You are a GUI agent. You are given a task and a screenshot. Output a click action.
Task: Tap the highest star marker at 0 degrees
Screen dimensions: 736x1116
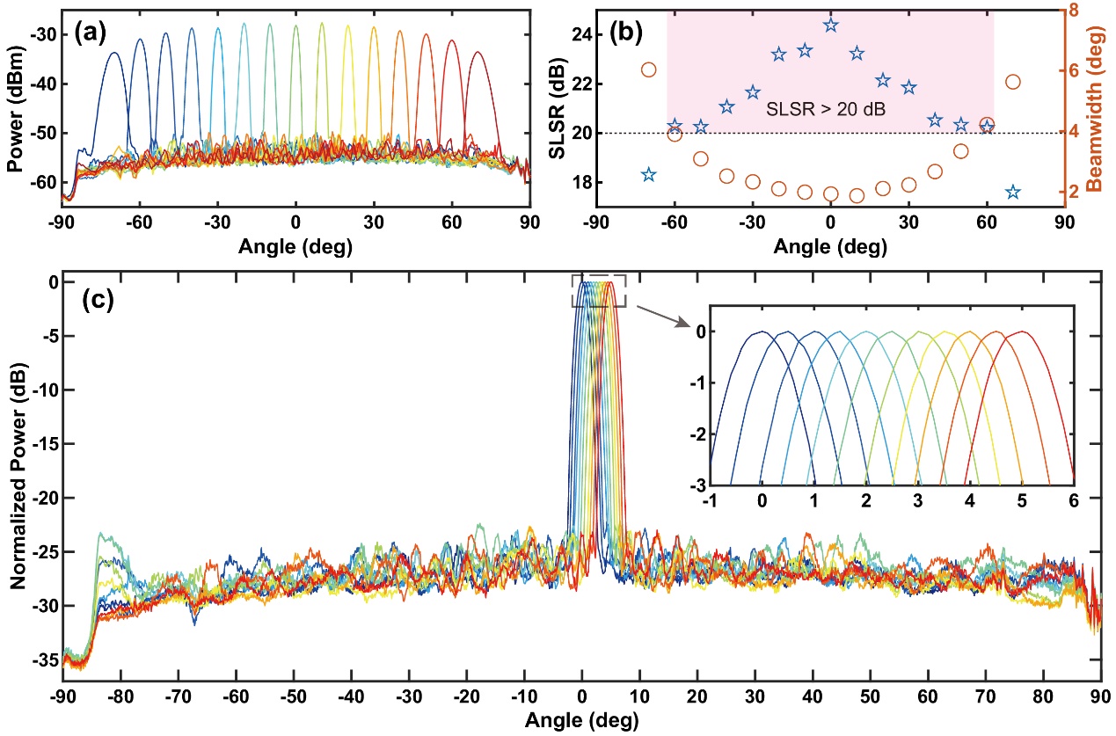[831, 25]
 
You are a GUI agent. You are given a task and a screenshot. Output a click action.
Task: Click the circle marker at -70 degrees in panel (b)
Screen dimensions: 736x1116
[649, 69]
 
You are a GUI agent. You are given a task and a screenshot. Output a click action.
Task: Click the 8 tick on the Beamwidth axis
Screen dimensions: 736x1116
[1080, 11]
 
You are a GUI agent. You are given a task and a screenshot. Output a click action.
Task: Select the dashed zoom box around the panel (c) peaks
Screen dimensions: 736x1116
[599, 291]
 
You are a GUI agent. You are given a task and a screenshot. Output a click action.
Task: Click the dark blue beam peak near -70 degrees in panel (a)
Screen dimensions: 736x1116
[114, 53]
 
